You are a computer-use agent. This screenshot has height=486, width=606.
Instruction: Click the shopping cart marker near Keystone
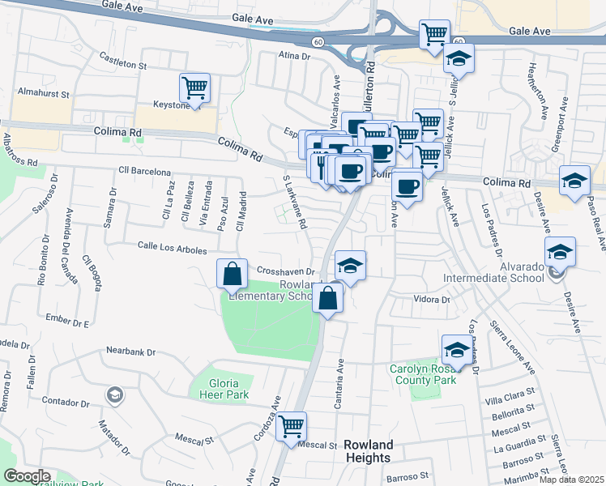(x=194, y=87)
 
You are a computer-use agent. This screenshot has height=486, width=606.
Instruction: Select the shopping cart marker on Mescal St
(x=291, y=426)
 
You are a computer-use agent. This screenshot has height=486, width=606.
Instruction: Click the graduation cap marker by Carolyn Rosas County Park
(x=457, y=350)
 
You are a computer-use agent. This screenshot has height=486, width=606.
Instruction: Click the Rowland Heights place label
(x=369, y=451)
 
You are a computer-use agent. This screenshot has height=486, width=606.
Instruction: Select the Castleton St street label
(x=122, y=59)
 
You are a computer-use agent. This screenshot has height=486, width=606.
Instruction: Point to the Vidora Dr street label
(x=431, y=300)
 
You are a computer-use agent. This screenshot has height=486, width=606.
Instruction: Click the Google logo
(x=27, y=476)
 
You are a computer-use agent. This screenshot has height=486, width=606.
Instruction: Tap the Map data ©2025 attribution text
(x=570, y=480)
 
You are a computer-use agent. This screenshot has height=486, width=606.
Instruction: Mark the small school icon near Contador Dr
(x=116, y=394)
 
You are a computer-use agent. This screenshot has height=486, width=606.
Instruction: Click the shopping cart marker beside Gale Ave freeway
(x=435, y=35)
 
